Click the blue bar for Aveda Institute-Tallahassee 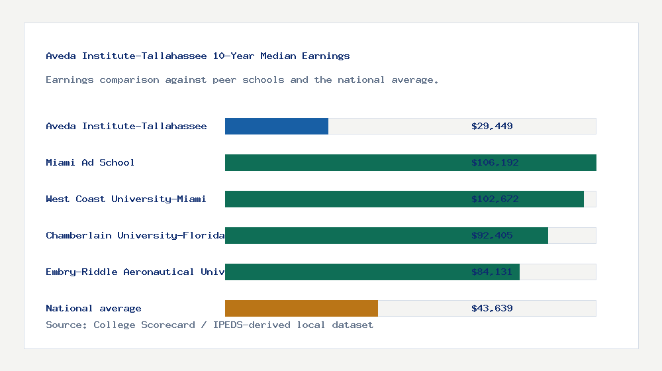[x=277, y=126]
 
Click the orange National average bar [x=301, y=308]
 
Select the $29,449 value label [x=492, y=126]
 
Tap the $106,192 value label [x=492, y=162]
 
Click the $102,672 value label [x=492, y=199]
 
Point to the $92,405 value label [x=492, y=235]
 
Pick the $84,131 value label [x=492, y=272]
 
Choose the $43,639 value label [x=492, y=308]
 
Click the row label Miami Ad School [x=90, y=162]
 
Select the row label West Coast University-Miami [x=126, y=199]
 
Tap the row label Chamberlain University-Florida [x=135, y=235]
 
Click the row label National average [x=93, y=308]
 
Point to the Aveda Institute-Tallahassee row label [x=126, y=126]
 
